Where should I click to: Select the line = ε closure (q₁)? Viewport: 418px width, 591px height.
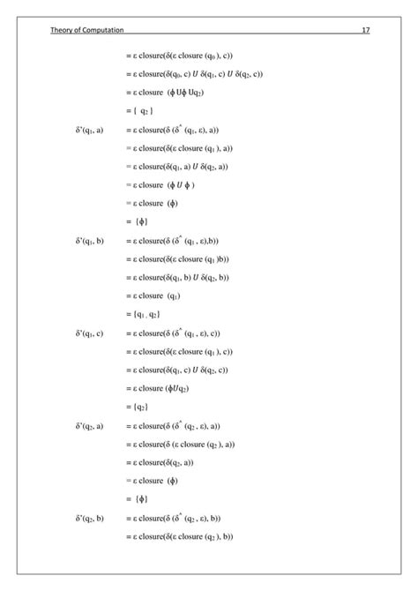pos(158,295)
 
